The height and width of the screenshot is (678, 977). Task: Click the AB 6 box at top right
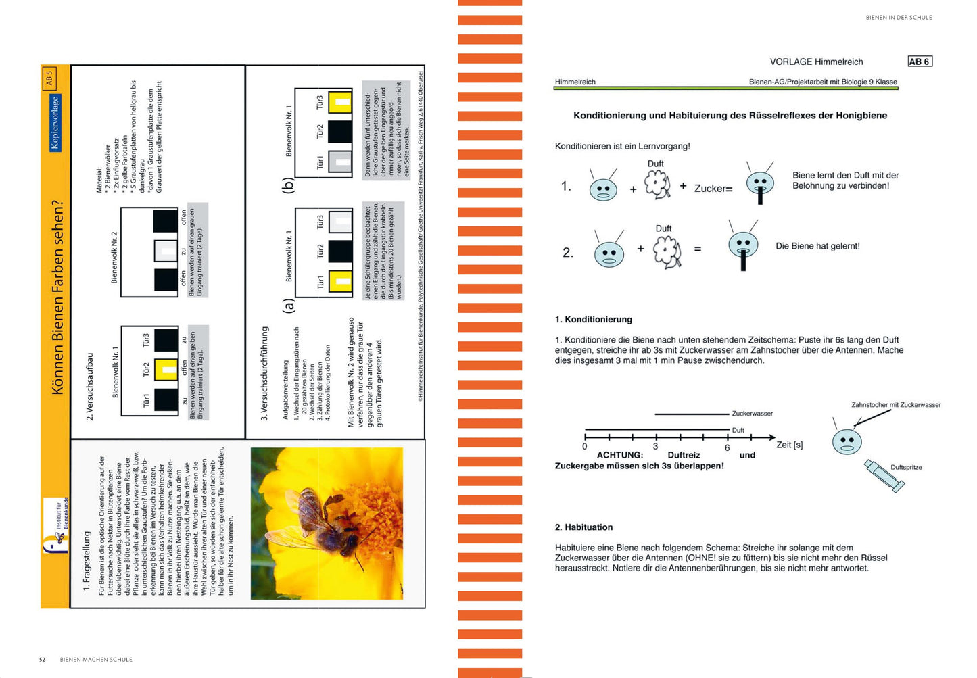tap(920, 62)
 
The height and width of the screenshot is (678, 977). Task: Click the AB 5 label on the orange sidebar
tap(49, 79)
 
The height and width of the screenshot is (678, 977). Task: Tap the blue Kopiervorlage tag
tap(55, 123)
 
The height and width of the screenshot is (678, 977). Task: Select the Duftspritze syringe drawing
tap(884, 476)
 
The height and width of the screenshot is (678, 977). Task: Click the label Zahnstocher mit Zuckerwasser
tap(896, 405)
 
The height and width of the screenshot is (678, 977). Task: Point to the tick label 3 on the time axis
tap(655, 447)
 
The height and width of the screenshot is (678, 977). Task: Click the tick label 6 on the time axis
tap(728, 447)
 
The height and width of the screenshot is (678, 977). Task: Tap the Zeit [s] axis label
tap(789, 445)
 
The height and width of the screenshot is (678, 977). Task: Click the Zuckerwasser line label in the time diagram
tap(752, 414)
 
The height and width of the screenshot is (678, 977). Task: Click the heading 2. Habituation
tap(583, 527)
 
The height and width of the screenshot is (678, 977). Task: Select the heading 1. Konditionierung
tap(593, 320)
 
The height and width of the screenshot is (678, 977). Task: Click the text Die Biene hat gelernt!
tap(817, 246)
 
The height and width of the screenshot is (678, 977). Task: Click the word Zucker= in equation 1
tap(713, 189)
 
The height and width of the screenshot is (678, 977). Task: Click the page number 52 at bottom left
tap(42, 660)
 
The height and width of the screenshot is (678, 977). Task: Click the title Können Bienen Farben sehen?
tap(57, 297)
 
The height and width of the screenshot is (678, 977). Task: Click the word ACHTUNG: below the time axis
tap(619, 455)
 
